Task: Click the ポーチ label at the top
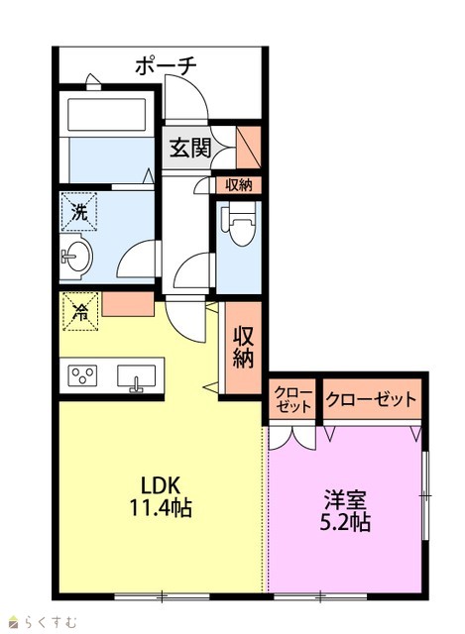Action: coord(166,65)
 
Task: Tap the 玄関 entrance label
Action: coord(189,148)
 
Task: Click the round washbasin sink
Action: coord(77,257)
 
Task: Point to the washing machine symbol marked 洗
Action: coord(79,211)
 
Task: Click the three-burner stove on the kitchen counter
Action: coord(82,375)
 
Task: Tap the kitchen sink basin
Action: coord(137,376)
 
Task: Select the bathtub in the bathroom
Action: coord(107,115)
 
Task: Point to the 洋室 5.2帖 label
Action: coord(345,511)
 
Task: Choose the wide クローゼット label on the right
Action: coord(371,399)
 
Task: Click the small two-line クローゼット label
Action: coord(293,399)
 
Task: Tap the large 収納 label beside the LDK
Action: coord(243,347)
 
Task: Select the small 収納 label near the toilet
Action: coord(239,185)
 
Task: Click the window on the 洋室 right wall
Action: coord(425,495)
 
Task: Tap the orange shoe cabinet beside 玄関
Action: coord(248,148)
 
